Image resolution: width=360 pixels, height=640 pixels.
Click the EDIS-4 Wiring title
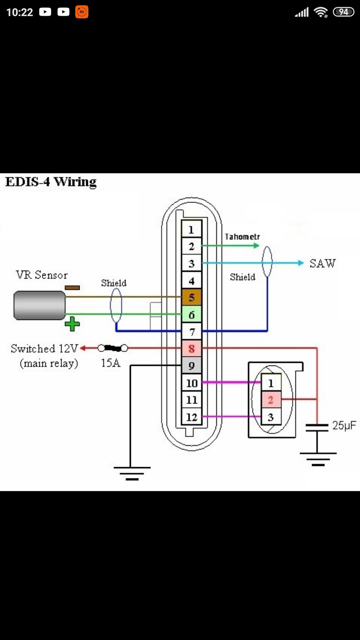[51, 182]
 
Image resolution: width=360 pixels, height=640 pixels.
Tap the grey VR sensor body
[39, 305]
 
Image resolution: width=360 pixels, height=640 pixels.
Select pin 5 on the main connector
[191, 297]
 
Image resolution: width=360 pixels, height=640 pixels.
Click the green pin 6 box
[191, 315]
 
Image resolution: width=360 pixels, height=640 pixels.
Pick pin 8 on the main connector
[191, 348]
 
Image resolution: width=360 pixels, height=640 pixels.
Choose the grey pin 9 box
[191, 365]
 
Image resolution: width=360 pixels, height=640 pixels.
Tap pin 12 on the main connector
[191, 417]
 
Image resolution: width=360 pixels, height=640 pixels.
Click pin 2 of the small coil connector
[271, 400]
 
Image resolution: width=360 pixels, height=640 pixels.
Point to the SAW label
[322, 263]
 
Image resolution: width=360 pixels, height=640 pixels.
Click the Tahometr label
[242, 237]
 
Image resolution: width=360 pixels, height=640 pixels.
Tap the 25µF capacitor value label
[344, 426]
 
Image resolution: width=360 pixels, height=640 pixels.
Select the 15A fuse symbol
[112, 348]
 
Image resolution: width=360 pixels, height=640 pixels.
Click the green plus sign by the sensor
[72, 324]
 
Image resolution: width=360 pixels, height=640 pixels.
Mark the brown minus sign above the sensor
[72, 288]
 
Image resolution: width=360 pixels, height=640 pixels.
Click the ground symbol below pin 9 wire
[132, 474]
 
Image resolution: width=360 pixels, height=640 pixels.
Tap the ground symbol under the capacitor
[318, 459]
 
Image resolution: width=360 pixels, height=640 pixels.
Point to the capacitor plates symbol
[317, 428]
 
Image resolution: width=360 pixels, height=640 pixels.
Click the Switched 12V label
[44, 349]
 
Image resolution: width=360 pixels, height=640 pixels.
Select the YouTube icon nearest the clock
[45, 12]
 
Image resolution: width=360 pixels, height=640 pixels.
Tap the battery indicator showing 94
[343, 12]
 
